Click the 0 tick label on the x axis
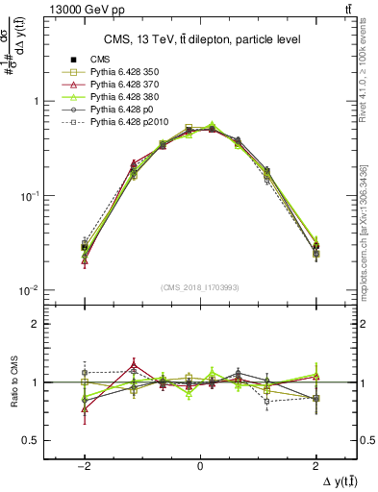(199, 460)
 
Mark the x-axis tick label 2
(315, 460)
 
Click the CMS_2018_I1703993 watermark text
(199, 287)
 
